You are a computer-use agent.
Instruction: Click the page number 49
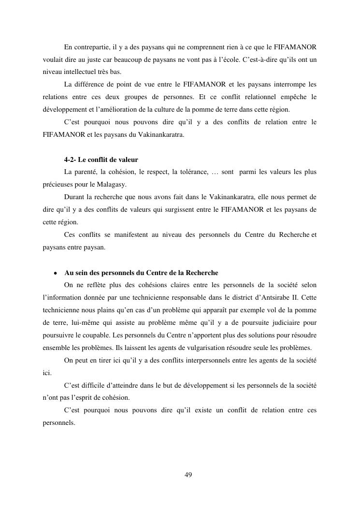(188, 475)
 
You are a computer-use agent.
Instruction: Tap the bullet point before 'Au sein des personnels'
(57, 273)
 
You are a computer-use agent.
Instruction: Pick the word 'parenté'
(86, 172)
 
